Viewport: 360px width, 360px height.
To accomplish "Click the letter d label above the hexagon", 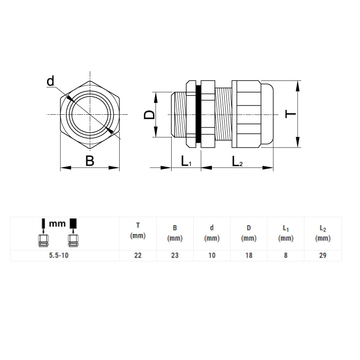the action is [51, 81].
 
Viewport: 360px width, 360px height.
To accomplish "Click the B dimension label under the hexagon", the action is [90, 161].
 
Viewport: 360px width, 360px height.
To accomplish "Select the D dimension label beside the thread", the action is [149, 115].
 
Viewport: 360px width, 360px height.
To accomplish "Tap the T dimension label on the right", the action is [290, 114].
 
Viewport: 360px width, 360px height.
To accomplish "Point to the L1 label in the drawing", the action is [186, 161].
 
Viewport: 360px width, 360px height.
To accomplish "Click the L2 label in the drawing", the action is [237, 161].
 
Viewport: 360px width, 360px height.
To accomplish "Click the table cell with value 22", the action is [138, 256].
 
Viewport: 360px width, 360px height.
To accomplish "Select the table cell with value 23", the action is [175, 256].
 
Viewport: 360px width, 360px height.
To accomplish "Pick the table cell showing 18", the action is [249, 256].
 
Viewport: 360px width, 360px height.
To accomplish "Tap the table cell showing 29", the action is [323, 256].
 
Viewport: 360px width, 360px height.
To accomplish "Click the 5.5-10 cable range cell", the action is [59, 256].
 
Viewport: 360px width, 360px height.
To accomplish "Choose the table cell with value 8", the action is [285, 256].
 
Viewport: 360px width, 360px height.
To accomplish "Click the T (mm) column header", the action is [138, 231].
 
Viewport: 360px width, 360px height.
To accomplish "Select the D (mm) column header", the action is [249, 233].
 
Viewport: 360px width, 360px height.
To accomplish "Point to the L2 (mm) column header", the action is [323, 233].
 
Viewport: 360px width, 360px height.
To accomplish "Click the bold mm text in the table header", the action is [57, 223].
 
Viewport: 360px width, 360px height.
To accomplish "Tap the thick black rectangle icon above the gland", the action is [73, 223].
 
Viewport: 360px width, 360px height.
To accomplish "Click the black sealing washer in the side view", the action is [198, 114].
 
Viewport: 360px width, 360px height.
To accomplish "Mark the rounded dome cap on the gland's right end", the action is [267, 114].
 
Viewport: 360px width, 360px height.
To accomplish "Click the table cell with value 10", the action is [212, 256].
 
